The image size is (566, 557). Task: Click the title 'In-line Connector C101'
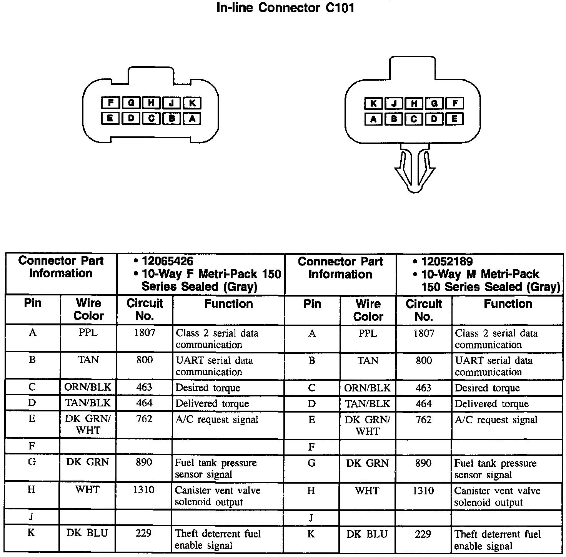285,8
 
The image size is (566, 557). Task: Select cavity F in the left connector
110,103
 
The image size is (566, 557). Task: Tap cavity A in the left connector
192,119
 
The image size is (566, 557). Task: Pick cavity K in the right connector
373,103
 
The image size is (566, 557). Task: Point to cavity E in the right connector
454,119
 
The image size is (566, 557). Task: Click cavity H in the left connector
151,103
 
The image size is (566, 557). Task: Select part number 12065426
167,261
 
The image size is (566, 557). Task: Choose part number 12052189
447,262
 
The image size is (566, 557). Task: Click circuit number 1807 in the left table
145,333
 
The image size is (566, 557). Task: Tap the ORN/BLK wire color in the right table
368,388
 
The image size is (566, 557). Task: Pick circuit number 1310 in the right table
423,491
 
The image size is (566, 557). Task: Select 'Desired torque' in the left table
208,388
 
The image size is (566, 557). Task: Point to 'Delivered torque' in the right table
491,404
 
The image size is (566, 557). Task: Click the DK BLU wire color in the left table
87,533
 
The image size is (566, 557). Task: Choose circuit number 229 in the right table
423,534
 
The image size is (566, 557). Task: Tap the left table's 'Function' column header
228,304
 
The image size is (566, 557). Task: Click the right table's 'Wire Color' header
368,310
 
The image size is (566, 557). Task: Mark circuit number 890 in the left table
144,463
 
